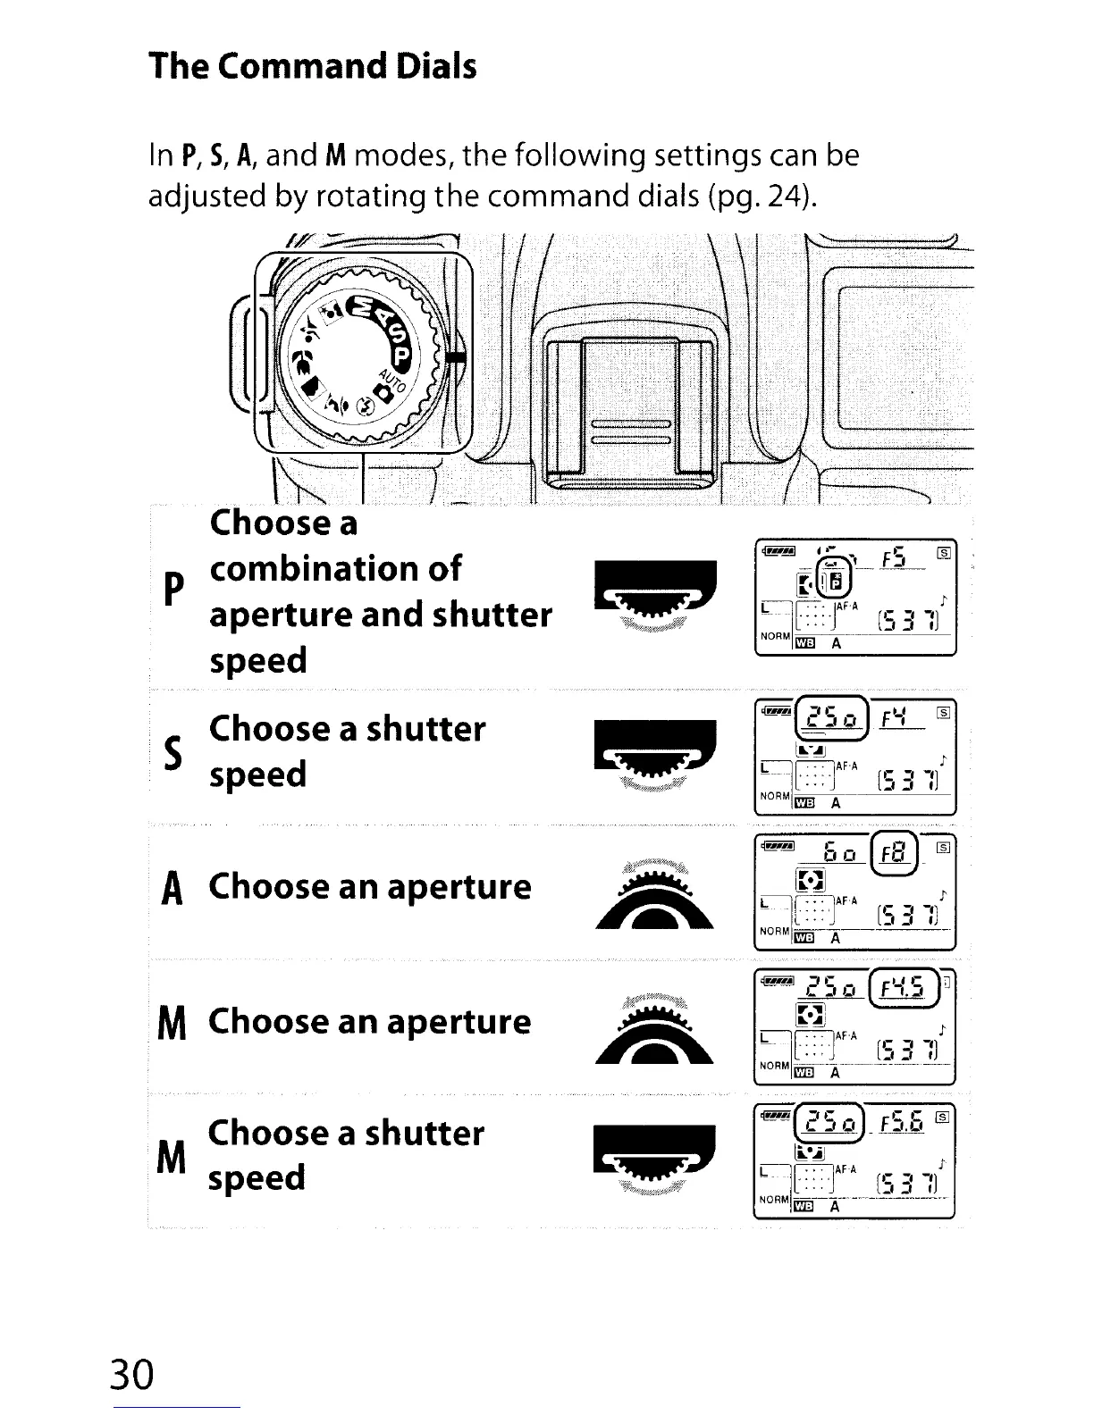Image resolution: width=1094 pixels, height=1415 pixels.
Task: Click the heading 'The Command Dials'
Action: pos(312,67)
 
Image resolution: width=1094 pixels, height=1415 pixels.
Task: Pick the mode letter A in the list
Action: pos(175,889)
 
